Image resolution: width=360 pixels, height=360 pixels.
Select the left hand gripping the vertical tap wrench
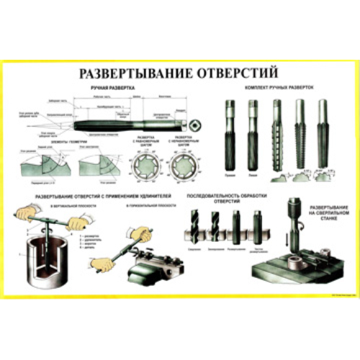[x=27, y=214]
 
